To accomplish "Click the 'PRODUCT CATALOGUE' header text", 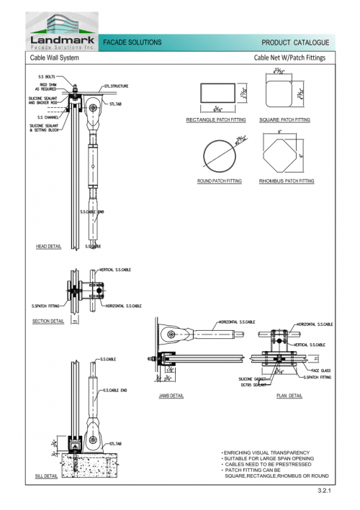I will point(295,43).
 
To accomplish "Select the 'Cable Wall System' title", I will point(54,57).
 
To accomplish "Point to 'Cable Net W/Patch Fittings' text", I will point(290,57).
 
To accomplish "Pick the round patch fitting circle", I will point(220,153).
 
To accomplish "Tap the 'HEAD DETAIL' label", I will point(48,246).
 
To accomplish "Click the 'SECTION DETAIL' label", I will point(48,321).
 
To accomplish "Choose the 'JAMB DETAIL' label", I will point(171,396).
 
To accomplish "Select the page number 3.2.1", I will point(323,491).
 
